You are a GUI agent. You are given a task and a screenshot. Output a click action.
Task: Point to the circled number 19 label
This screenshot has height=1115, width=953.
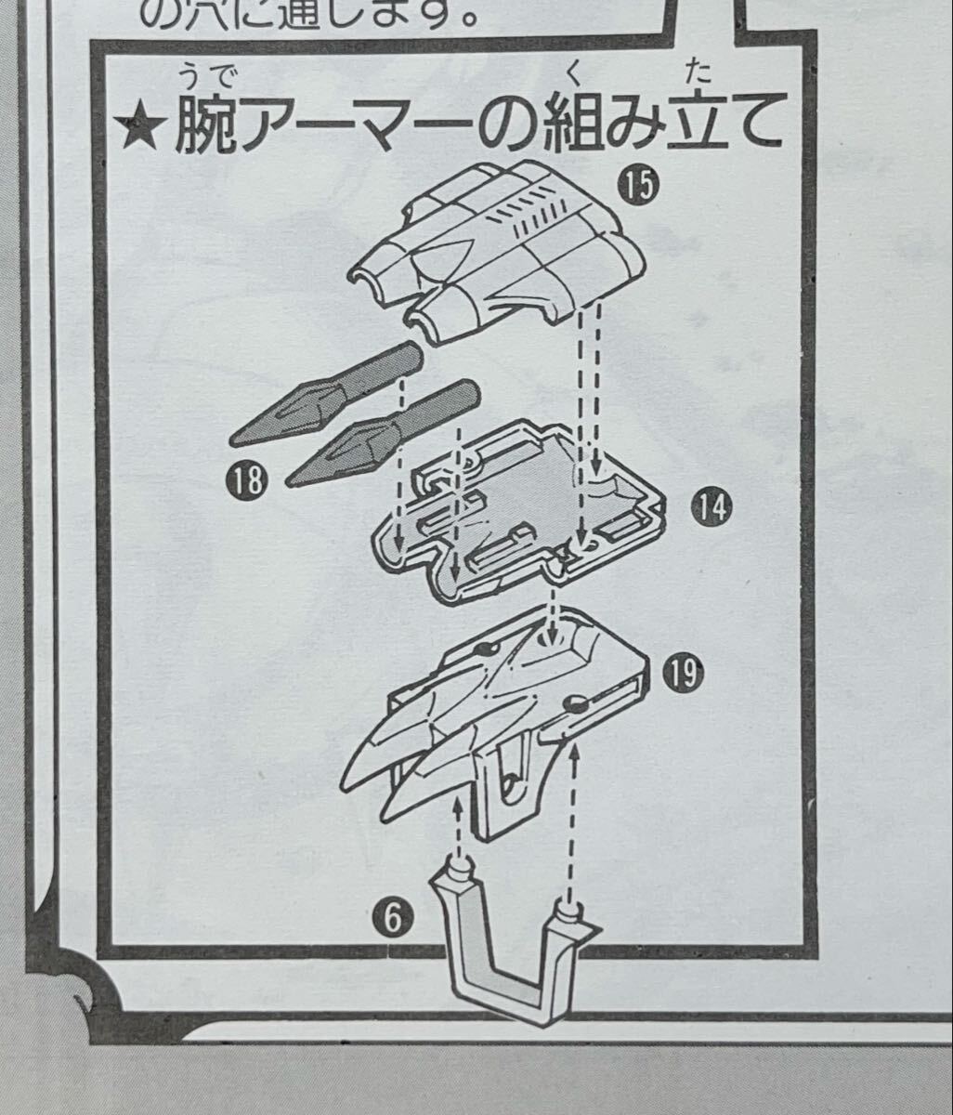tap(683, 673)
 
